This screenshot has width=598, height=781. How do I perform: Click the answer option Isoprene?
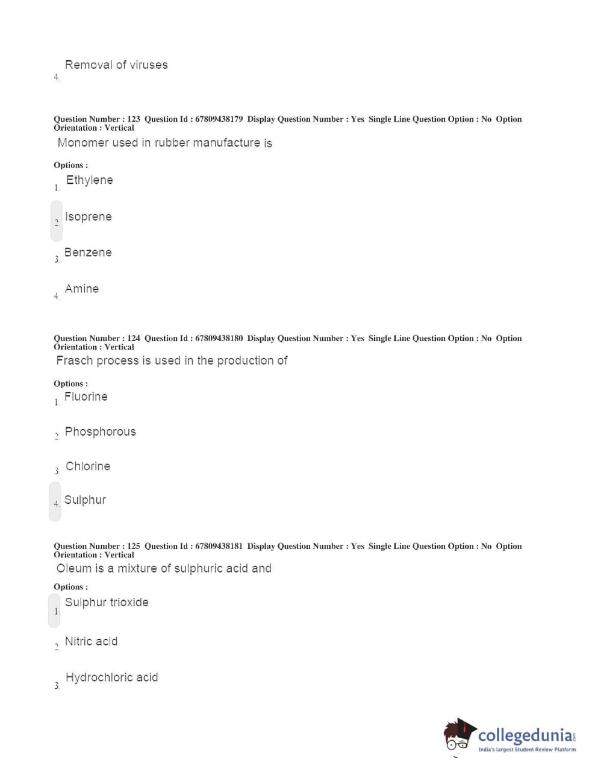point(88,217)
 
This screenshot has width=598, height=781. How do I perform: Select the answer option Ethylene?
point(89,180)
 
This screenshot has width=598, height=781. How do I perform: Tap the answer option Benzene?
point(88,252)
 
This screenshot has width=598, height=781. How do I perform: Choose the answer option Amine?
point(82,289)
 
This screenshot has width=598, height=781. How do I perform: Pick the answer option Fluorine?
point(86,397)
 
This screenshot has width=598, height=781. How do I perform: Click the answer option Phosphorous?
point(100,432)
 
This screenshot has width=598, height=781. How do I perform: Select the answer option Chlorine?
point(88,466)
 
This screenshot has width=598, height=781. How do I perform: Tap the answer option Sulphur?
point(85,500)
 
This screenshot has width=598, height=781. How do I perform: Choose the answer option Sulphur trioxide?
point(107,603)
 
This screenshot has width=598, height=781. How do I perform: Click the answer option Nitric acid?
point(91,642)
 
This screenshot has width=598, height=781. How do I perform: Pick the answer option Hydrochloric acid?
point(111,678)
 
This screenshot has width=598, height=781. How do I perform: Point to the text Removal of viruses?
point(116,65)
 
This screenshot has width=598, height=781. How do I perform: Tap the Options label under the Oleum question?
point(70,587)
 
